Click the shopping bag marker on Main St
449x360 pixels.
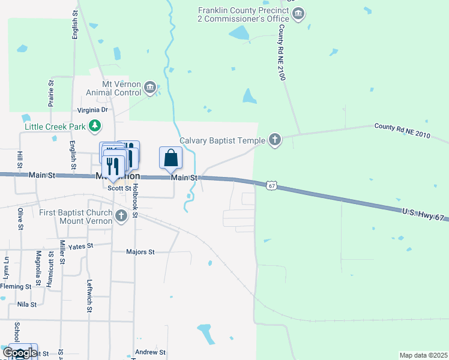tap(171, 158)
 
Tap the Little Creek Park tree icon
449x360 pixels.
tap(94, 126)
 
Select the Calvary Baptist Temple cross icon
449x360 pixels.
tap(275, 140)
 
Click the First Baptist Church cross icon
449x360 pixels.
tap(121, 216)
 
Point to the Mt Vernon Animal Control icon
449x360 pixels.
tap(151, 89)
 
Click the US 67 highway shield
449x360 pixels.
tap(272, 186)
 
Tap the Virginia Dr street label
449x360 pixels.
tap(92, 110)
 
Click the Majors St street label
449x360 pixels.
tap(140, 252)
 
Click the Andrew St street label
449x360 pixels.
tap(150, 352)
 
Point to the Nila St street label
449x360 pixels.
tap(27, 304)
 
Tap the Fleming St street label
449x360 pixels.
tap(16, 286)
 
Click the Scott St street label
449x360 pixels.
tap(119, 188)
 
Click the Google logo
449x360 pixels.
tap(20, 353)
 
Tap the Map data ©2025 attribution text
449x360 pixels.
tap(423, 355)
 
